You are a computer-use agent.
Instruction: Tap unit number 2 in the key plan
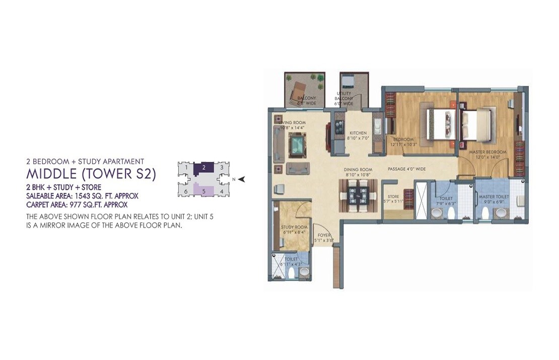point(203,167)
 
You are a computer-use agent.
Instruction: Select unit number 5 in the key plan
point(203,191)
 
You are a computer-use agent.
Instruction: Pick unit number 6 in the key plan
point(186,191)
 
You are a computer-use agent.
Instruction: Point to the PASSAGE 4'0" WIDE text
point(406,169)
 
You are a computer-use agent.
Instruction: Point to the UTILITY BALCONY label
point(344,98)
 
